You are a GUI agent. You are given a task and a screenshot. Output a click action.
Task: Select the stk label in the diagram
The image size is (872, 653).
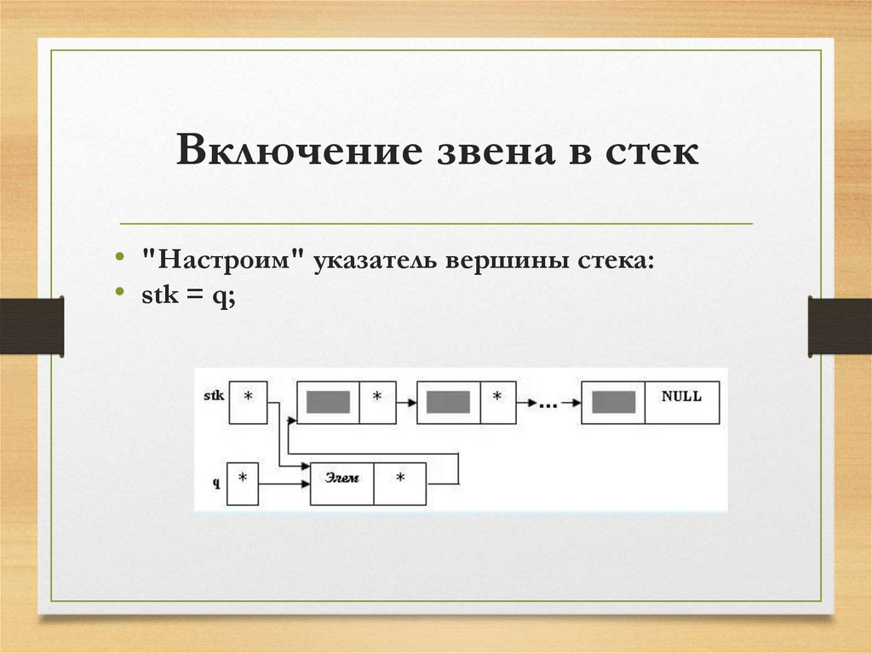tap(215, 396)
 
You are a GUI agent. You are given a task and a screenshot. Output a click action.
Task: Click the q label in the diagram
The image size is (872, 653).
tap(216, 482)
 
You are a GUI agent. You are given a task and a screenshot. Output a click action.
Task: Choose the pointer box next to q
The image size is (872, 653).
tap(242, 484)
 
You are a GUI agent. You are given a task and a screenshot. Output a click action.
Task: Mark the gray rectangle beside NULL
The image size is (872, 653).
tap(613, 402)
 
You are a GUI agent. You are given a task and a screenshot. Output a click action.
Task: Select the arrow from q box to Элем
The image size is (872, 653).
tap(284, 484)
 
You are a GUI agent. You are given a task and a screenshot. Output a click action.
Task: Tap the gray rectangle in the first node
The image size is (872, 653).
tap(328, 402)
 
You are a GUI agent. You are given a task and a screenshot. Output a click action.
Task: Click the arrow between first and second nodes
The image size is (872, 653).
tap(403, 402)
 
